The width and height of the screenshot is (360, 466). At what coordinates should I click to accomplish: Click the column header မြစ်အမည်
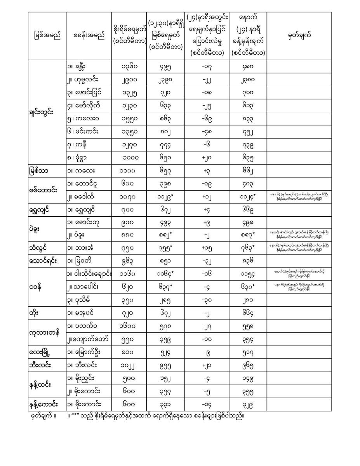(x=47, y=35)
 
